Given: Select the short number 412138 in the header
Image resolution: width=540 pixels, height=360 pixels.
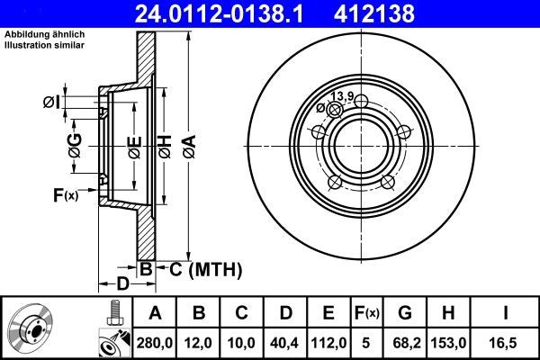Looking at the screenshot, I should [401, 13].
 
